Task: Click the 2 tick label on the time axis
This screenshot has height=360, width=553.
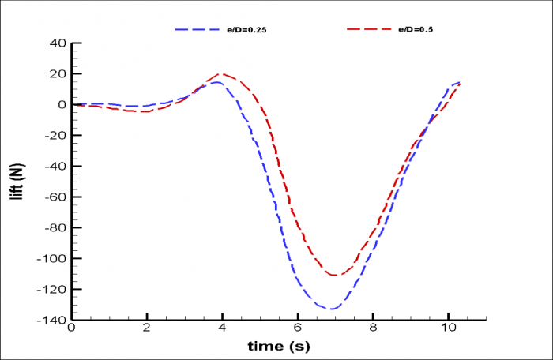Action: coord(147,328)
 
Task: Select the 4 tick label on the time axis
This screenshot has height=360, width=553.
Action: coord(222,328)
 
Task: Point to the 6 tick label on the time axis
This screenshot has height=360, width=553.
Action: coord(298,328)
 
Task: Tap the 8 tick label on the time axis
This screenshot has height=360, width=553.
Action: coord(373,328)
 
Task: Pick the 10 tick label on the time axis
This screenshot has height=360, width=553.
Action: coord(448,328)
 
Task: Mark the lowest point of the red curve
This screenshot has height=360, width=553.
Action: coord(334,276)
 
